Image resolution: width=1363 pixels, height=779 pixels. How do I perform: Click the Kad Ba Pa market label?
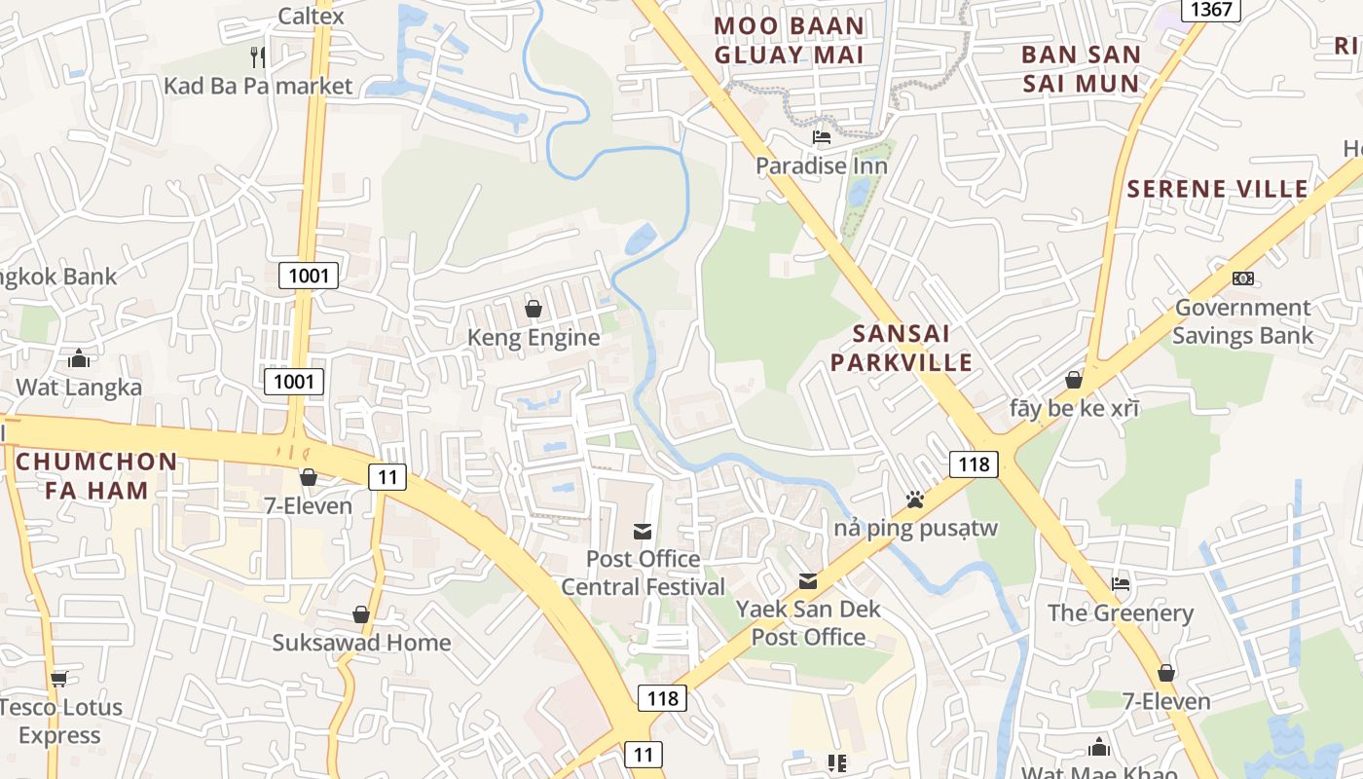(x=258, y=86)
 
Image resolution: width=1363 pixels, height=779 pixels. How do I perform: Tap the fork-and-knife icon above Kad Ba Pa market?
(x=258, y=56)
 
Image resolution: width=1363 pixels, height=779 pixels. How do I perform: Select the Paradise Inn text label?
(x=822, y=166)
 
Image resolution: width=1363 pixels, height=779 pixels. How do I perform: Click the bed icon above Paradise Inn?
(x=822, y=136)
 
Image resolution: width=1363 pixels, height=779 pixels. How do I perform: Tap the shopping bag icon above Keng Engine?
(x=534, y=309)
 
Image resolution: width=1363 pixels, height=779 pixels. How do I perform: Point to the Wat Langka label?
(x=79, y=387)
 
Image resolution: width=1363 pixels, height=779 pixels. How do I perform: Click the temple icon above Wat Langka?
(x=79, y=358)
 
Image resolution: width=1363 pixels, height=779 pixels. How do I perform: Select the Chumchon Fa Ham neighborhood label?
(x=96, y=475)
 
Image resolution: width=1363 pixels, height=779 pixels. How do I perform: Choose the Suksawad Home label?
(x=361, y=643)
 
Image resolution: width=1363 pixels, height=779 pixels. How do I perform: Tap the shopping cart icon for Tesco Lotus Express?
(x=58, y=679)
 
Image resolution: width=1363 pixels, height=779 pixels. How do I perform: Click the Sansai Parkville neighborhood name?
(x=912, y=348)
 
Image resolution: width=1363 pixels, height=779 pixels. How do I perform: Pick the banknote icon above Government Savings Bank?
(x=1242, y=278)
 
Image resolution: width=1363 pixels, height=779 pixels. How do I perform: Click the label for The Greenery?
(x=1120, y=612)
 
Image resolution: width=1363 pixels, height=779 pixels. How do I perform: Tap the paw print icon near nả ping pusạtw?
(x=915, y=500)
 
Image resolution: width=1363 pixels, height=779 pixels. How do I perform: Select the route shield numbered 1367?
(x=1211, y=10)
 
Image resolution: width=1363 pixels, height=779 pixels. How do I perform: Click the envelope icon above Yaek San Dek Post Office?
(x=808, y=581)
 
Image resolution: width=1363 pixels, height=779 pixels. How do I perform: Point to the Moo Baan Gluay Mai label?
(x=789, y=40)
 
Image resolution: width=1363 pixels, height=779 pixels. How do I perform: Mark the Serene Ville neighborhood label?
(x=1217, y=189)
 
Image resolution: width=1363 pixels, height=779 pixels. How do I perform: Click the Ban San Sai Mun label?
(x=1081, y=68)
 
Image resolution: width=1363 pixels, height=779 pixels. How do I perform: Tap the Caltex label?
(x=311, y=16)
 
